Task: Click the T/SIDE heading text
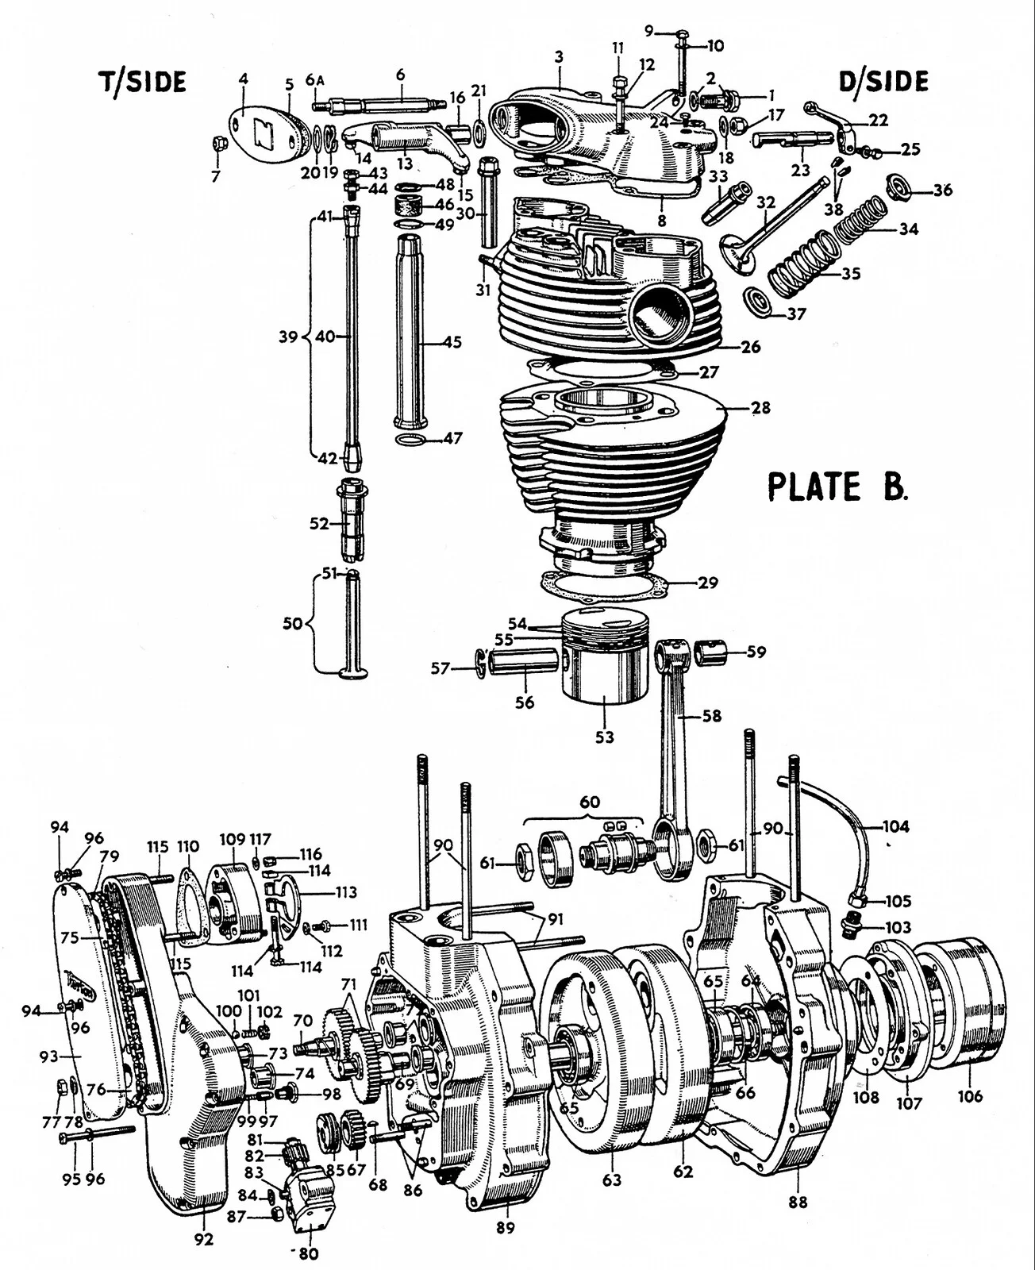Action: (x=142, y=82)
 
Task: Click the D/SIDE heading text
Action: (x=883, y=81)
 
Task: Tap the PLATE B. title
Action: (x=837, y=486)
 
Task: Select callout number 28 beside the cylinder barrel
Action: (x=760, y=408)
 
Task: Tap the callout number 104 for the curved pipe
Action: (x=895, y=826)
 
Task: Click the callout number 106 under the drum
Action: (x=970, y=1096)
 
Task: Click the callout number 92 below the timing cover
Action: (x=204, y=1239)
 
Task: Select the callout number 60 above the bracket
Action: (x=589, y=802)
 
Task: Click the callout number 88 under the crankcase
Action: (x=798, y=1202)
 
